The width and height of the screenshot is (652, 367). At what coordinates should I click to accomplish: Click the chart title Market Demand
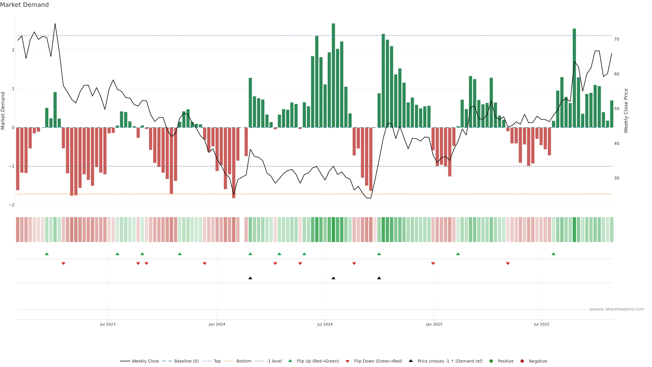point(24,5)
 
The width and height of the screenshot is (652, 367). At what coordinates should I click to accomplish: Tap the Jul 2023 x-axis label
point(108,324)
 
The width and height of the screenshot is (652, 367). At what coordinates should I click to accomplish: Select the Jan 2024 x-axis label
point(217,324)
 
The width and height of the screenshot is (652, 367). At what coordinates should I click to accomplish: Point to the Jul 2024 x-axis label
point(325,324)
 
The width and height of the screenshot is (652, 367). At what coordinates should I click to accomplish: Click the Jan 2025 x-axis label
point(434,324)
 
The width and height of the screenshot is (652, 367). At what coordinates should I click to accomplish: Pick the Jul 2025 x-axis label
point(542,324)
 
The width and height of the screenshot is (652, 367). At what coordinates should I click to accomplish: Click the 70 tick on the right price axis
point(617,39)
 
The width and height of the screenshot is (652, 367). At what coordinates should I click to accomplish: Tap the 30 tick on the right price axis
point(617,178)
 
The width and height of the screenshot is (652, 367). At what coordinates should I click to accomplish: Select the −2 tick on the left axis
point(12,205)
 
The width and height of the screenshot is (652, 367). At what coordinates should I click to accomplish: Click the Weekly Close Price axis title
point(626,111)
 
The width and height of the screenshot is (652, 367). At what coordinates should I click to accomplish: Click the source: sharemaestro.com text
point(616,309)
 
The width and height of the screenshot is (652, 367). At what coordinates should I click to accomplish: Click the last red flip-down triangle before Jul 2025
point(508,264)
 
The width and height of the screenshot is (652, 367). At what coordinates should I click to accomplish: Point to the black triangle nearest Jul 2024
point(333,278)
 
